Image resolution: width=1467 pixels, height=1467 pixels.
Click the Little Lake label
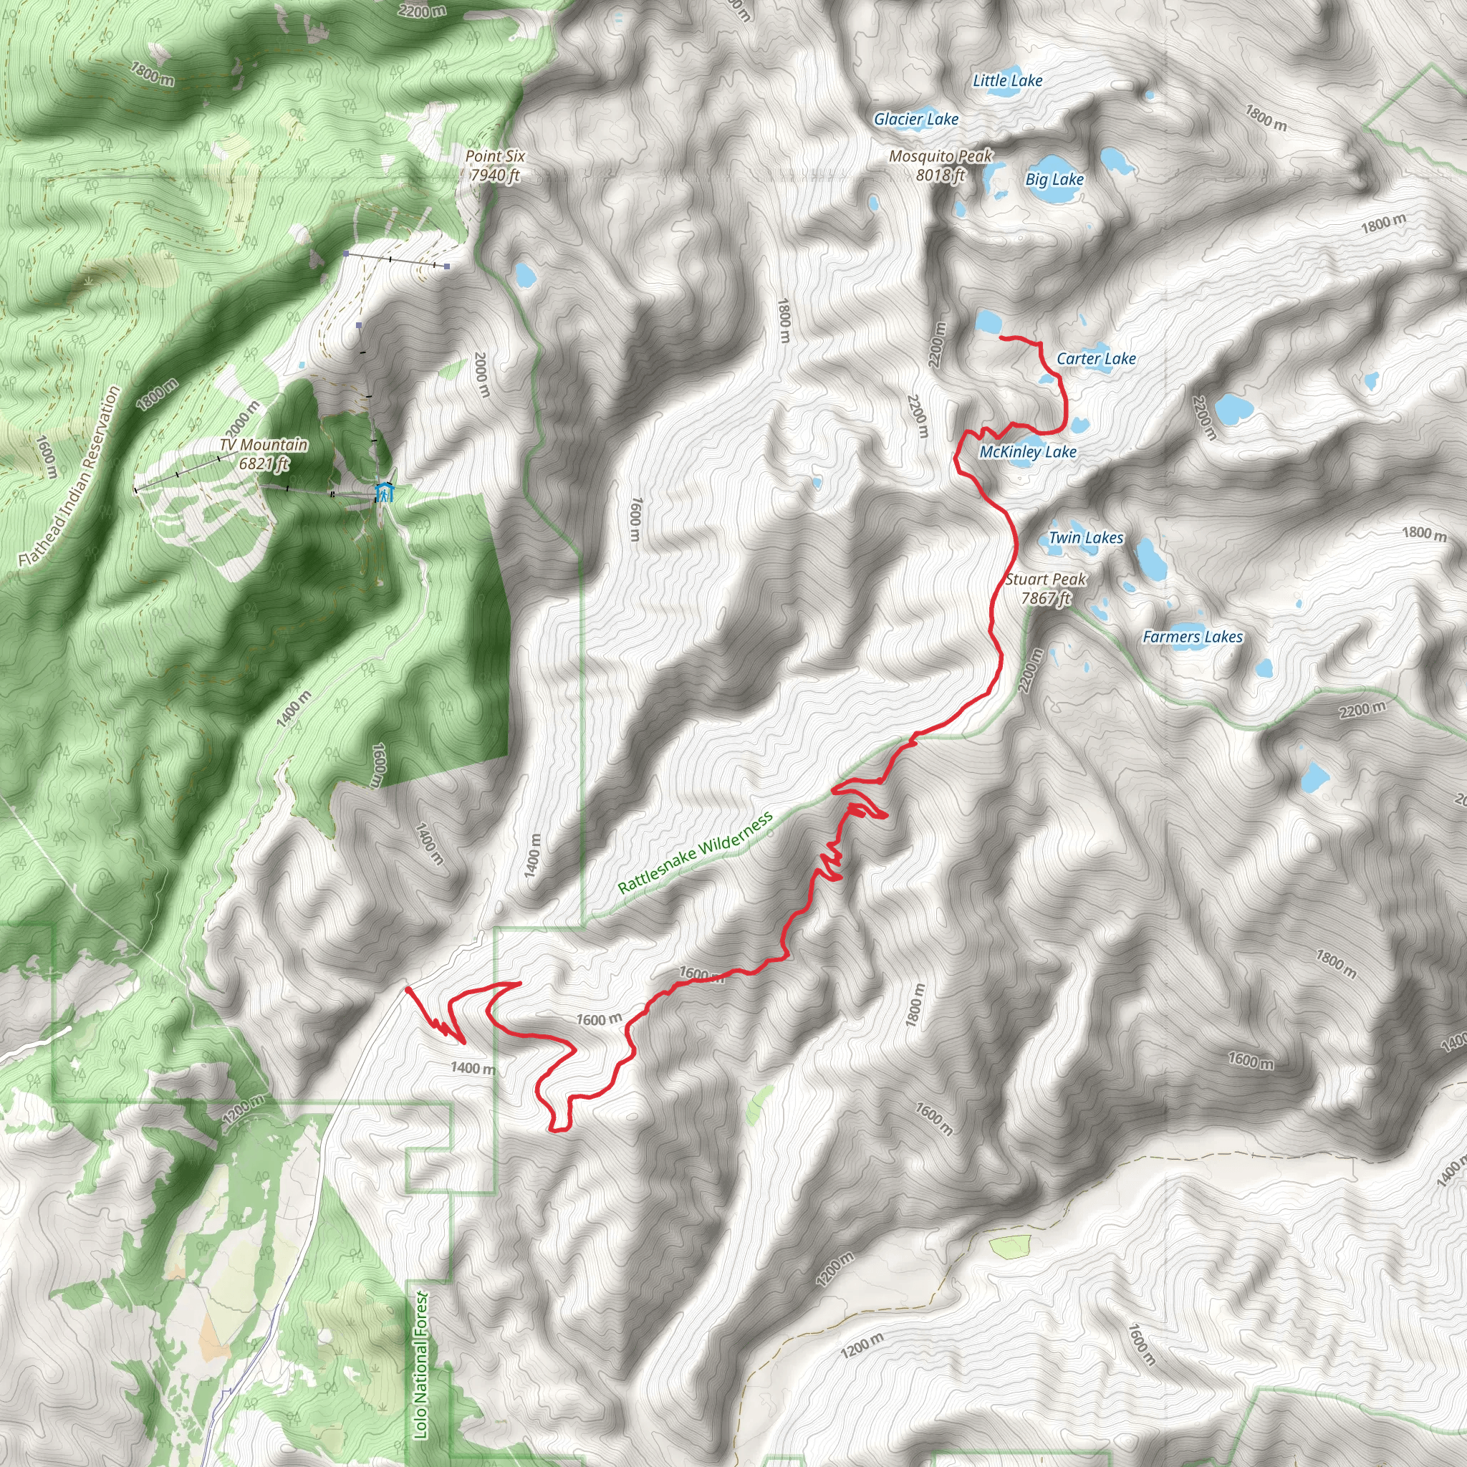pyautogui.click(x=1007, y=80)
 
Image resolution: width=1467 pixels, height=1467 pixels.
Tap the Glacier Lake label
pyautogui.click(x=915, y=119)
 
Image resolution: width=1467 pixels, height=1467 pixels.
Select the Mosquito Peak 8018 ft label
pyautogui.click(x=941, y=165)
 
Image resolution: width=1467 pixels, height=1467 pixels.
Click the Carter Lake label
pyautogui.click(x=1096, y=358)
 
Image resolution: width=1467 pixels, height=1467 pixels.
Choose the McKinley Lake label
pyautogui.click(x=1027, y=452)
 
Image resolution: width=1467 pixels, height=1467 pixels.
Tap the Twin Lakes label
pyautogui.click(x=1085, y=538)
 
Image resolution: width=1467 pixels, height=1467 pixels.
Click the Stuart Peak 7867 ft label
pyautogui.click(x=1046, y=589)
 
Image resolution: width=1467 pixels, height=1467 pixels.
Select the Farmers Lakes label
pyautogui.click(x=1192, y=636)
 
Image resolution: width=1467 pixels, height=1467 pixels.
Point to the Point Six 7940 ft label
pyautogui.click(x=495, y=165)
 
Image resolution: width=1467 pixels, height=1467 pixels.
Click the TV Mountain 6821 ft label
pyautogui.click(x=264, y=454)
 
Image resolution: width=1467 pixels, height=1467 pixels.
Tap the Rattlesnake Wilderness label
pyautogui.click(x=695, y=852)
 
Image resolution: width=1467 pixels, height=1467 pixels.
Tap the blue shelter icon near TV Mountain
pyautogui.click(x=385, y=492)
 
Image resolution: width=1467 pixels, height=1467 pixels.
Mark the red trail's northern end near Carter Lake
pyautogui.click(x=1002, y=337)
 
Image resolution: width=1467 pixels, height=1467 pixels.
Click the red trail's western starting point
pyautogui.click(x=408, y=989)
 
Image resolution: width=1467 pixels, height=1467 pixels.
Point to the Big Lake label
pyautogui.click(x=1054, y=179)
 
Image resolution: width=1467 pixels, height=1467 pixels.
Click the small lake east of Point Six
pyautogui.click(x=524, y=274)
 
